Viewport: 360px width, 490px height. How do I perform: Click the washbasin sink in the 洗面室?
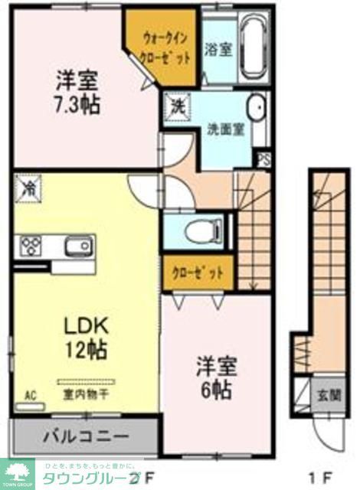pos(257,108)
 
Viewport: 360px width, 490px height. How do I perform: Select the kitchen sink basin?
pos(75,247)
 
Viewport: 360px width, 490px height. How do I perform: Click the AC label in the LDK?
pos(30,395)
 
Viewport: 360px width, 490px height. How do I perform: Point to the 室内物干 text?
pos(86,396)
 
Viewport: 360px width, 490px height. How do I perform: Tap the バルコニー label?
pos(83,437)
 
